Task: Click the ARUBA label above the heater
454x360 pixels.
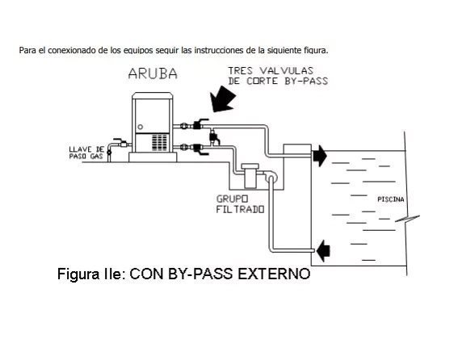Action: click(153, 73)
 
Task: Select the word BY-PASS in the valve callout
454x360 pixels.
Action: click(306, 81)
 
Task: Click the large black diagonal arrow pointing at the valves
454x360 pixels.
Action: click(222, 99)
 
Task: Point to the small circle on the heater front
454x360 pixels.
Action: click(141, 127)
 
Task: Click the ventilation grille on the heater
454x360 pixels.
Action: click(159, 142)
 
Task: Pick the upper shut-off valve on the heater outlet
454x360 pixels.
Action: click(199, 124)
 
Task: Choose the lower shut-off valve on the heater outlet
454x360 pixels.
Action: click(199, 149)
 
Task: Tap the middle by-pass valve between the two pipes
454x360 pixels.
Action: click(214, 137)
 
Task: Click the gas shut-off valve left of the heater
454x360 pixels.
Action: click(122, 143)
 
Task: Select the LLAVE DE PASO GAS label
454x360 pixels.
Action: click(86, 153)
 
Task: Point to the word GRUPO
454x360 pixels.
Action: click(232, 199)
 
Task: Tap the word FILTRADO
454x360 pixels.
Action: click(240, 209)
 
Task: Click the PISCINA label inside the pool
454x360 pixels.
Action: click(391, 199)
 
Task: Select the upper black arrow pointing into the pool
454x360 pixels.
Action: click(320, 156)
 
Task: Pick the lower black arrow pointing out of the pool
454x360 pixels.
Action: click(323, 251)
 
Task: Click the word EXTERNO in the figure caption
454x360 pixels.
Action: click(274, 274)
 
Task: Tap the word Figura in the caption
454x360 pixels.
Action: click(78, 274)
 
